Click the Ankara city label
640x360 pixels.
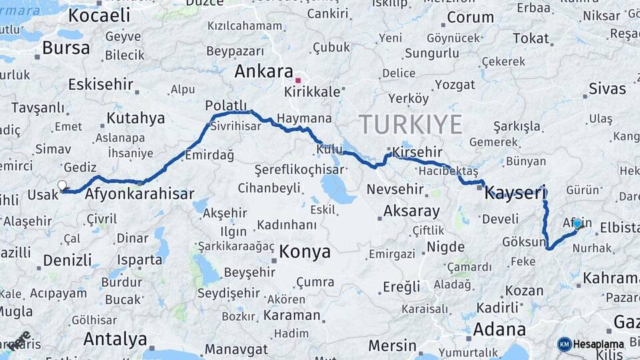tap(264, 72)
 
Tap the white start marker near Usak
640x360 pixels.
tap(62, 185)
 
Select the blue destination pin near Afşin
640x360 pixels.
tap(577, 223)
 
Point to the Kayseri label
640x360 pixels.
tap(515, 193)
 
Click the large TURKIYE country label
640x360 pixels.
tap(411, 125)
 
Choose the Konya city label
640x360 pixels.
tap(305, 251)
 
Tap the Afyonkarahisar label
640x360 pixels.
tap(139, 195)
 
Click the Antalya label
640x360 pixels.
tap(115, 339)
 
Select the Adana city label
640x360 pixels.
tap(499, 329)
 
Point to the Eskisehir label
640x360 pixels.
tap(100, 85)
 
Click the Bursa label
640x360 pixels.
tap(65, 48)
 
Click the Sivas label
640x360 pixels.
tap(607, 89)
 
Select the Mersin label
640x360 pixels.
tap(393, 346)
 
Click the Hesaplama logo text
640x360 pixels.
tap(599, 344)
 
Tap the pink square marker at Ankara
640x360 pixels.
tap(298, 80)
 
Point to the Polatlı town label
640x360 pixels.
tap(227, 106)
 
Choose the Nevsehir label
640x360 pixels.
tap(395, 189)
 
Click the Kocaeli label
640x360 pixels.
tap(99, 15)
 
